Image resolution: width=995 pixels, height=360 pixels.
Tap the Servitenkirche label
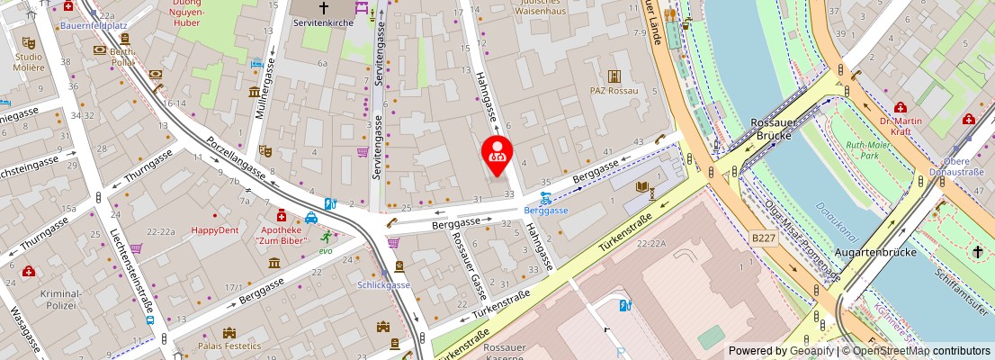pyautogui.click(x=321, y=22)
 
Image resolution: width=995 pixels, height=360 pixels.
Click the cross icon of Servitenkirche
pyautogui.click(x=324, y=7)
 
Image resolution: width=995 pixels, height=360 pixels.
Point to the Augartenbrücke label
pyautogui.click(x=875, y=252)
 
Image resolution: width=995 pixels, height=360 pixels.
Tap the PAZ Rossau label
pyautogui.click(x=614, y=91)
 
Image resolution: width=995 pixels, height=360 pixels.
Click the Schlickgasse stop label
pyautogui.click(x=383, y=285)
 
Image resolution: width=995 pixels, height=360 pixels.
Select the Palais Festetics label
pyautogui.click(x=229, y=346)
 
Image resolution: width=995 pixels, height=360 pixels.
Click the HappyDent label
pyautogui.click(x=215, y=229)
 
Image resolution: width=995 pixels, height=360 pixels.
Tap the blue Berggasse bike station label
pyautogui.click(x=546, y=210)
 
